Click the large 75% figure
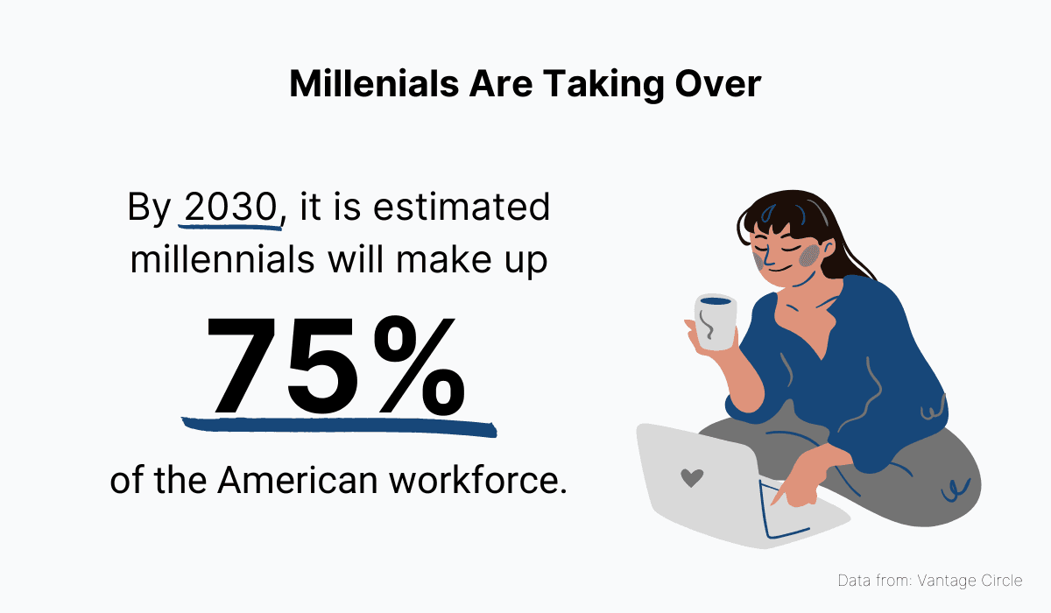click(x=337, y=366)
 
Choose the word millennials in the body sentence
click(x=229, y=260)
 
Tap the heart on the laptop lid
click(x=692, y=478)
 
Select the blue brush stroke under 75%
click(x=337, y=426)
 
